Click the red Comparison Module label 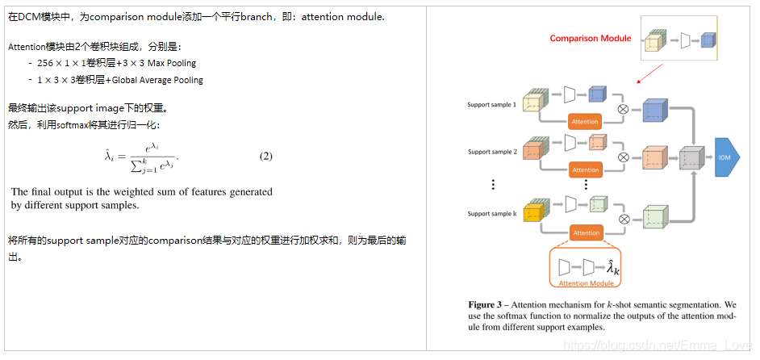[591, 38]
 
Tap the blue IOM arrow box [724, 157]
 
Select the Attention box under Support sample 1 [586, 122]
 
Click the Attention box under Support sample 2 [586, 170]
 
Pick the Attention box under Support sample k [586, 232]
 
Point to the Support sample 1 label [491, 105]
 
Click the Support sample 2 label [491, 152]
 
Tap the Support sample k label [491, 213]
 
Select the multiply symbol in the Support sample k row [622, 218]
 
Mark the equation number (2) [265, 156]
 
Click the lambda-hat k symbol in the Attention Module [613, 267]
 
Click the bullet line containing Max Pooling [116, 62]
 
